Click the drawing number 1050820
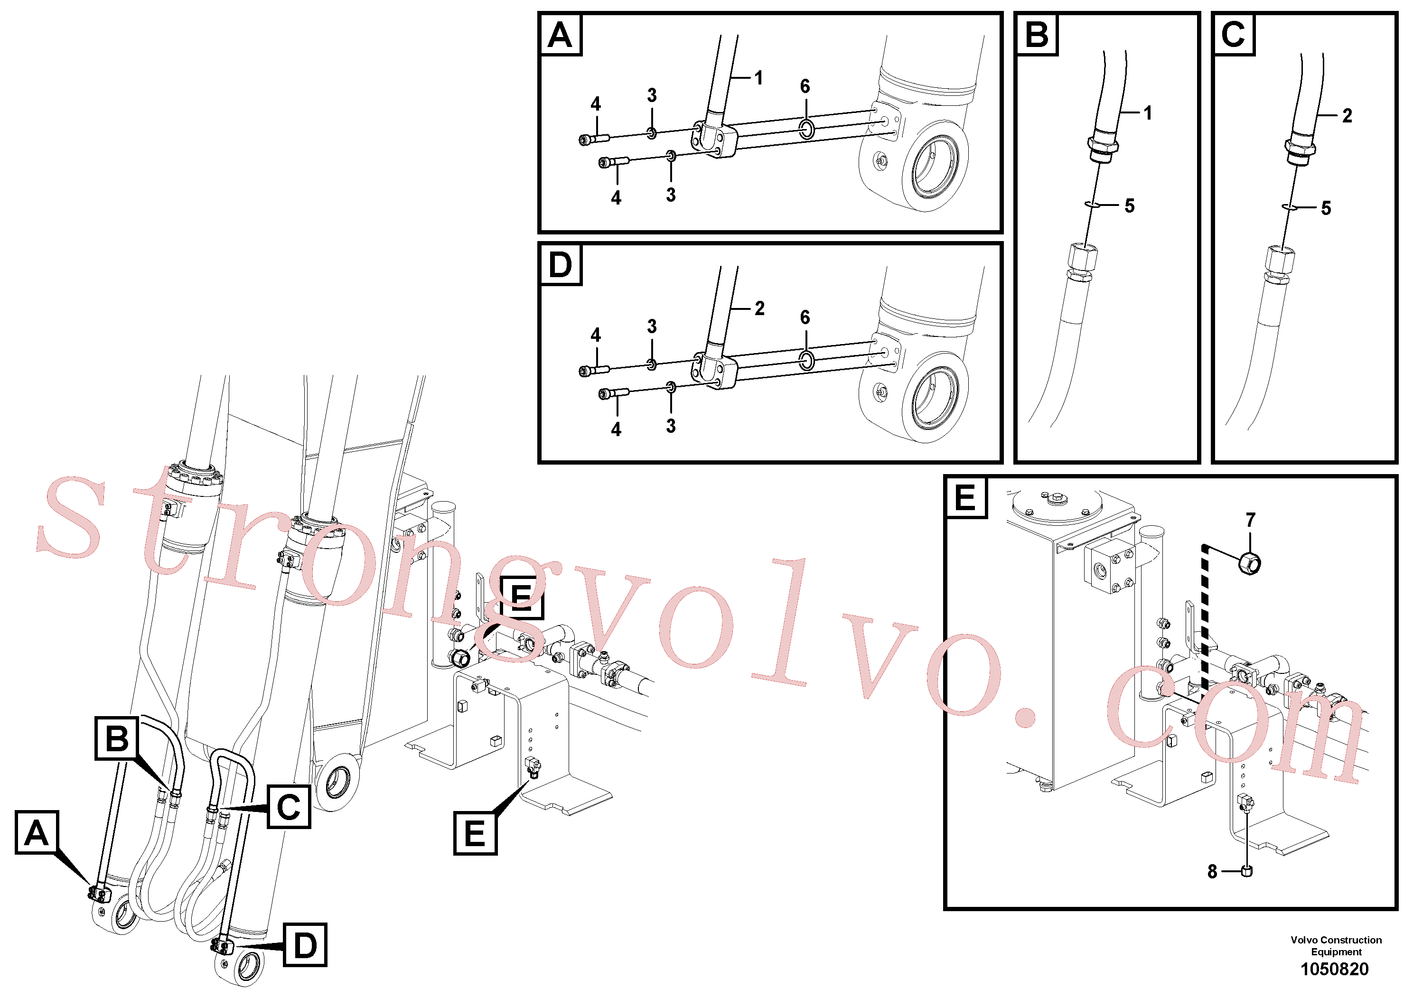point(1334,969)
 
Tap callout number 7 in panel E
point(1251,521)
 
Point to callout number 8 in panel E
point(1212,871)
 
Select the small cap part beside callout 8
point(1247,871)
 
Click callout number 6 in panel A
point(805,86)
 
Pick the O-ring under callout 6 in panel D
point(807,361)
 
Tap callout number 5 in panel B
point(1129,205)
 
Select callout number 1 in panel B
point(1148,112)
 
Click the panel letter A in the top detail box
point(560,35)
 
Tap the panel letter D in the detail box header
point(560,265)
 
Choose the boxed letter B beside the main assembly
point(117,738)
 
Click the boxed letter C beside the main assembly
point(289,807)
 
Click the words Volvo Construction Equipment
point(1336,946)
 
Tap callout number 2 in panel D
point(759,308)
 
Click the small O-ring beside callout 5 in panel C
point(1290,207)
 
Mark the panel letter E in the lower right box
point(965,497)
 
